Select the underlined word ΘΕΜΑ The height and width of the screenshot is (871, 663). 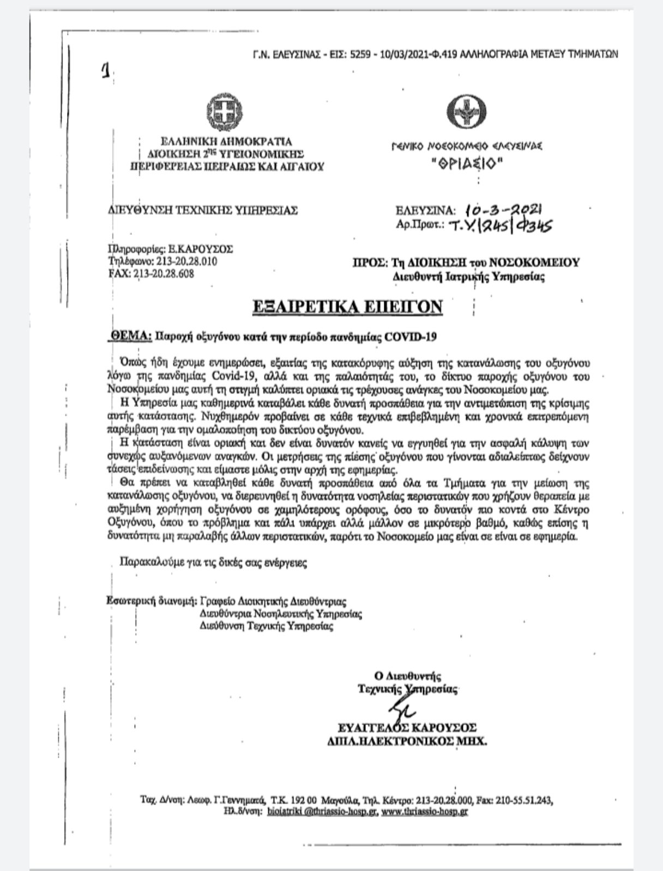point(130,336)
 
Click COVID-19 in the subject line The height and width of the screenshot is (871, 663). point(411,337)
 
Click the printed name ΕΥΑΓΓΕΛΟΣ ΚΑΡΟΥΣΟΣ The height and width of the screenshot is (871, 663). point(407,728)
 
